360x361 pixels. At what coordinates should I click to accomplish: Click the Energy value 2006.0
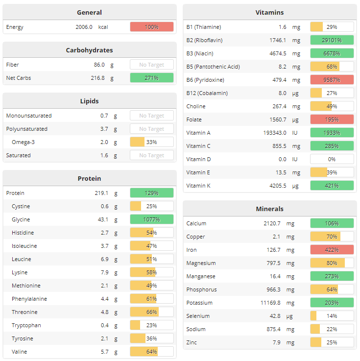point(84,27)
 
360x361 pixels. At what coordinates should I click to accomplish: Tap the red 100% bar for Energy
point(151,27)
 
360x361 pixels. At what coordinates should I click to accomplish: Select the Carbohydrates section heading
point(89,50)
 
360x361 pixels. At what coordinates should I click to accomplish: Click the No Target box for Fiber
point(151,65)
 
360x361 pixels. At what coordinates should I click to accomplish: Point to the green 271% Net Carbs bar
point(151,78)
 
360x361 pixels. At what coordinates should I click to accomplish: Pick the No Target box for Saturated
point(151,155)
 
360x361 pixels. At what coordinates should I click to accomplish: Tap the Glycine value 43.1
point(103,219)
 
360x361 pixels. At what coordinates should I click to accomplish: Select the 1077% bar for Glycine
point(151,219)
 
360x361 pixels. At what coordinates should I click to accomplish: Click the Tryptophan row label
point(26,325)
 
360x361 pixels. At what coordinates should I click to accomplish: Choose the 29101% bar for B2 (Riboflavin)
point(332,40)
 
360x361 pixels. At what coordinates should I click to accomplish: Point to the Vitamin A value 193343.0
point(275,133)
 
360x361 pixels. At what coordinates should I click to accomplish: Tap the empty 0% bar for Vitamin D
point(332,159)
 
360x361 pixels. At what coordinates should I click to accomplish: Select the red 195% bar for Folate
point(332,120)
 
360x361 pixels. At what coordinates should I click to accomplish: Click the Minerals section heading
point(269,209)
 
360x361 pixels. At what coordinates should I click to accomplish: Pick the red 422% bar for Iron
point(332,250)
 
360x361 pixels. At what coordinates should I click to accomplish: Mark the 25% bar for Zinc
point(332,342)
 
